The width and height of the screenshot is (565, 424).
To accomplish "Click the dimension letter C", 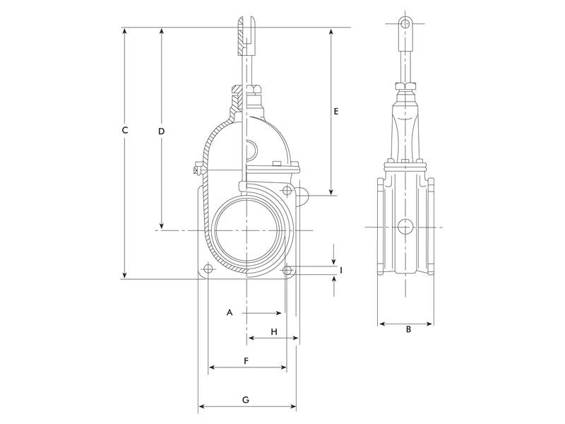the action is (125, 130).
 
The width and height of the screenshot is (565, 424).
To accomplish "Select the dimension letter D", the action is (162, 131).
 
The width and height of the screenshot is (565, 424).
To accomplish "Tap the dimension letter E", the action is (336, 112).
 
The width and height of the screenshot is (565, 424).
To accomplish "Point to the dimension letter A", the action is (230, 312).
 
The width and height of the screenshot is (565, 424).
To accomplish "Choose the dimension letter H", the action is (274, 331).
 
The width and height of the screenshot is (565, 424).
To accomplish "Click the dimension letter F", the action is (246, 361).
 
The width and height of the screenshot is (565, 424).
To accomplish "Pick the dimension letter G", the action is (246, 400).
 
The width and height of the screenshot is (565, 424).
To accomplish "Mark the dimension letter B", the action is (408, 329).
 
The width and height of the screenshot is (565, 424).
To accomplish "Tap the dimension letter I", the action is (341, 270).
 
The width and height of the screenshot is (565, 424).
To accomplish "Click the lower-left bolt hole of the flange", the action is (208, 269).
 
